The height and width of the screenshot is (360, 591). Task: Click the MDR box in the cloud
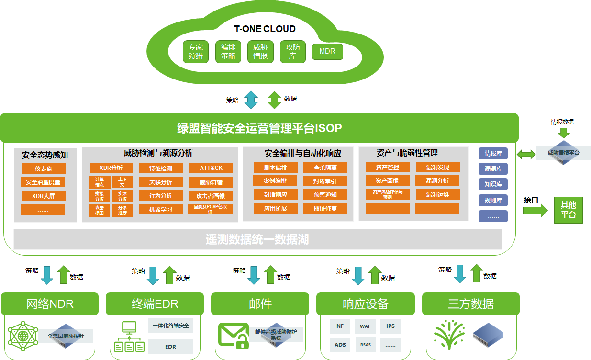(x=327, y=52)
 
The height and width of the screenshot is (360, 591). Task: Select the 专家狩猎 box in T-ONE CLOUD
(x=195, y=52)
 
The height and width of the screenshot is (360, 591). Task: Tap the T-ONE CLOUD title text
(x=265, y=29)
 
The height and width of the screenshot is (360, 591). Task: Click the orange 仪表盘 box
(x=43, y=169)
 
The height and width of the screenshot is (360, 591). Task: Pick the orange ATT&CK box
(x=211, y=168)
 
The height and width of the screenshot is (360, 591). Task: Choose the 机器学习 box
(x=161, y=209)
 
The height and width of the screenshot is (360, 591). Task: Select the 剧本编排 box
(x=275, y=168)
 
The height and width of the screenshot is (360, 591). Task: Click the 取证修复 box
(x=325, y=208)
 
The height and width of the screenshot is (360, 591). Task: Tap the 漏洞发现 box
(x=437, y=167)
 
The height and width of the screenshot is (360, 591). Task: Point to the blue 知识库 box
(x=493, y=184)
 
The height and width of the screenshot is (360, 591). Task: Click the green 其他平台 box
(x=569, y=210)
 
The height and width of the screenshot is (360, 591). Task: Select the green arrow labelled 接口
(x=535, y=210)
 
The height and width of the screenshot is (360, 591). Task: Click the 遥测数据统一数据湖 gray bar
(x=257, y=239)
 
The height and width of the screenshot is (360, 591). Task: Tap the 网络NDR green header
(x=50, y=304)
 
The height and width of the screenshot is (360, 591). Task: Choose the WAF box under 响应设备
(x=365, y=326)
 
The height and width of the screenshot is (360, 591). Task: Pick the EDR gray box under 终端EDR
(x=170, y=346)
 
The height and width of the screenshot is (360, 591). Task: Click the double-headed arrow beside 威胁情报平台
(x=526, y=154)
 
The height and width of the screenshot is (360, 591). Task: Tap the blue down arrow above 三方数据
(x=460, y=274)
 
